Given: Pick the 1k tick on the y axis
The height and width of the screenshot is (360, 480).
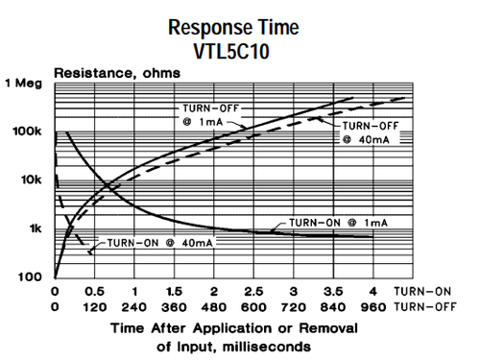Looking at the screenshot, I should (x=34, y=228).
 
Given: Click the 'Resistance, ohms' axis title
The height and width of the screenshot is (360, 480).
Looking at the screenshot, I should (x=104, y=73).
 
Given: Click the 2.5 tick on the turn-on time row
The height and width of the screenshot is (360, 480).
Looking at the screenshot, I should (x=253, y=290).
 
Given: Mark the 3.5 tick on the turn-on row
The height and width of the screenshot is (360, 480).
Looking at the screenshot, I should (x=332, y=290).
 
